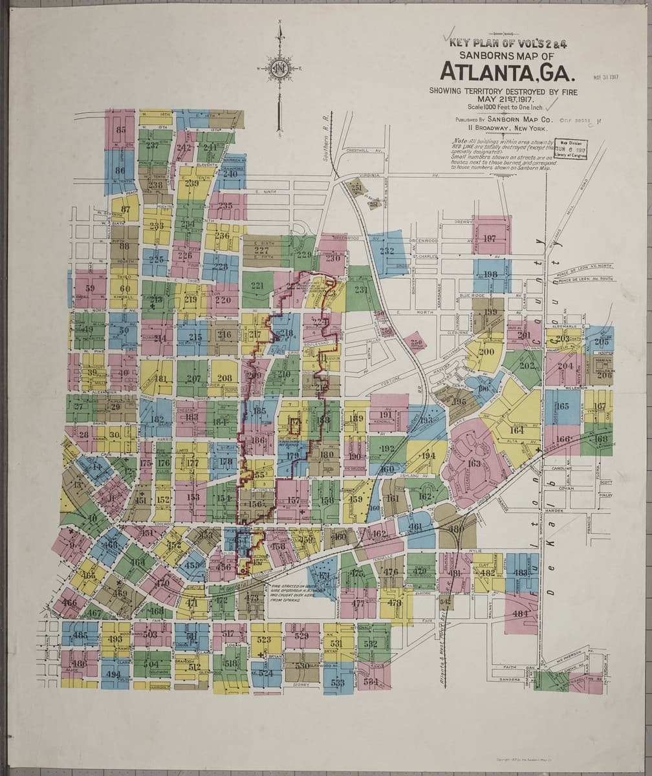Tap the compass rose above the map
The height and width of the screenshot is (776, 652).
click(279, 67)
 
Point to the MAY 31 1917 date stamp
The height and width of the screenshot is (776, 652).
click(605, 78)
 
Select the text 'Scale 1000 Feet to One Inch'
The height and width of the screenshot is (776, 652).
click(503, 107)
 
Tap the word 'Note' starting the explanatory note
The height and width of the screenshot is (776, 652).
click(460, 141)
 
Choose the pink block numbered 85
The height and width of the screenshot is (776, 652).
click(120, 129)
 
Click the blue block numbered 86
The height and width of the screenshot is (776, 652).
click(120, 171)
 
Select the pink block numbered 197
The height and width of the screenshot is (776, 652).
click(491, 237)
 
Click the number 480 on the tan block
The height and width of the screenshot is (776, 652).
click(457, 528)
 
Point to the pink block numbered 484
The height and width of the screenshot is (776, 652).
click(521, 613)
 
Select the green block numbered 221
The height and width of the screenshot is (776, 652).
click(257, 286)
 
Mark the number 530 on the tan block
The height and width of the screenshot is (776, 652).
click(302, 665)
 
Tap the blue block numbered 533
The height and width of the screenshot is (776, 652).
click(338, 682)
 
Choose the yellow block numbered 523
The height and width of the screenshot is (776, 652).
click(264, 639)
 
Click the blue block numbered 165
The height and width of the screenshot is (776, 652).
click(563, 406)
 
